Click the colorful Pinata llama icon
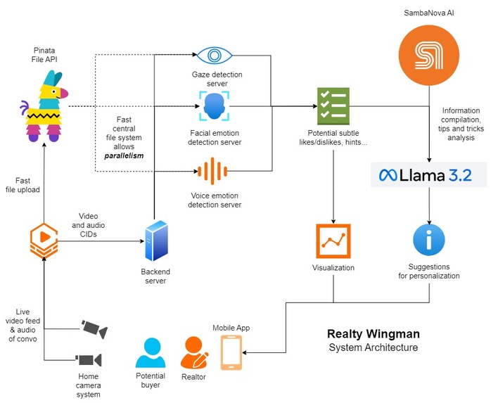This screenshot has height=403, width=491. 44,105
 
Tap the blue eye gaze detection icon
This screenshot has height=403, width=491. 214,56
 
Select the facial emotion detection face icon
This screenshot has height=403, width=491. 214,106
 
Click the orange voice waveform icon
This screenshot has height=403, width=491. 212,171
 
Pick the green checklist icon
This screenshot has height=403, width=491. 333,106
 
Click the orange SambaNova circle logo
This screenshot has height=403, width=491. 429,56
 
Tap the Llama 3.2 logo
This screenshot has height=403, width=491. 428,174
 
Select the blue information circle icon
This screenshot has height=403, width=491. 429,240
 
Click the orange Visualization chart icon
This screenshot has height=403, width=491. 333,241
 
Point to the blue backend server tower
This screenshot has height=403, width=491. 156,241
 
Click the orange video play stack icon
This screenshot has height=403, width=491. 44,241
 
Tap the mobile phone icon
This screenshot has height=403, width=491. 231,352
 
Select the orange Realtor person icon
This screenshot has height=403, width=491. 194,353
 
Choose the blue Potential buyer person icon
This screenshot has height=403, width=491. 151,352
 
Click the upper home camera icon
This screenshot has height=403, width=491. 94,328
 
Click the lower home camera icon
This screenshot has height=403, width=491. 89,360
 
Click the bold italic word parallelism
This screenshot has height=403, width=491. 124,155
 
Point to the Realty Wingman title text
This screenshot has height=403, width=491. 374,334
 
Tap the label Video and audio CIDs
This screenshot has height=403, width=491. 89,225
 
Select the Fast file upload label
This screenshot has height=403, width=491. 23,185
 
